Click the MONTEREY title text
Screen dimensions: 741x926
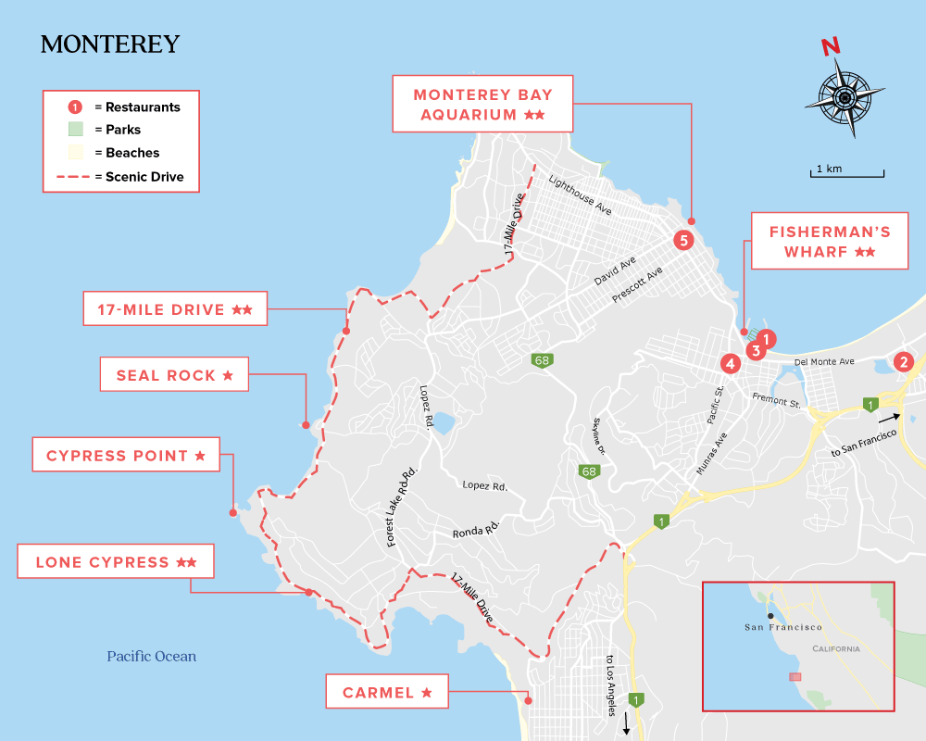click(x=110, y=44)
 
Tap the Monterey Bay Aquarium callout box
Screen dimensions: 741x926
click(x=482, y=105)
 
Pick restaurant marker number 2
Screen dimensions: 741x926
click(x=905, y=362)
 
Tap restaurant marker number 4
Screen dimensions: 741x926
click(x=731, y=364)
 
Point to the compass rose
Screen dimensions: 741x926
click(x=844, y=95)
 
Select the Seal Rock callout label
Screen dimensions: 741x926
click(x=174, y=375)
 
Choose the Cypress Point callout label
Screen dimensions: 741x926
click(x=126, y=456)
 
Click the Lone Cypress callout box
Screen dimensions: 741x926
click(x=116, y=562)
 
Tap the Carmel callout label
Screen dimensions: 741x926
click(x=387, y=692)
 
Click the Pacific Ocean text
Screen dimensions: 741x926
click(x=151, y=657)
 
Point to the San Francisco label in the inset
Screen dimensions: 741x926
click(x=783, y=628)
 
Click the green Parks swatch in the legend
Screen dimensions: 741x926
click(x=76, y=130)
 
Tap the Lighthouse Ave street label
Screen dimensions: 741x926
click(x=580, y=195)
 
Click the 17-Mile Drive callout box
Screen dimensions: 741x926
click(x=175, y=309)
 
